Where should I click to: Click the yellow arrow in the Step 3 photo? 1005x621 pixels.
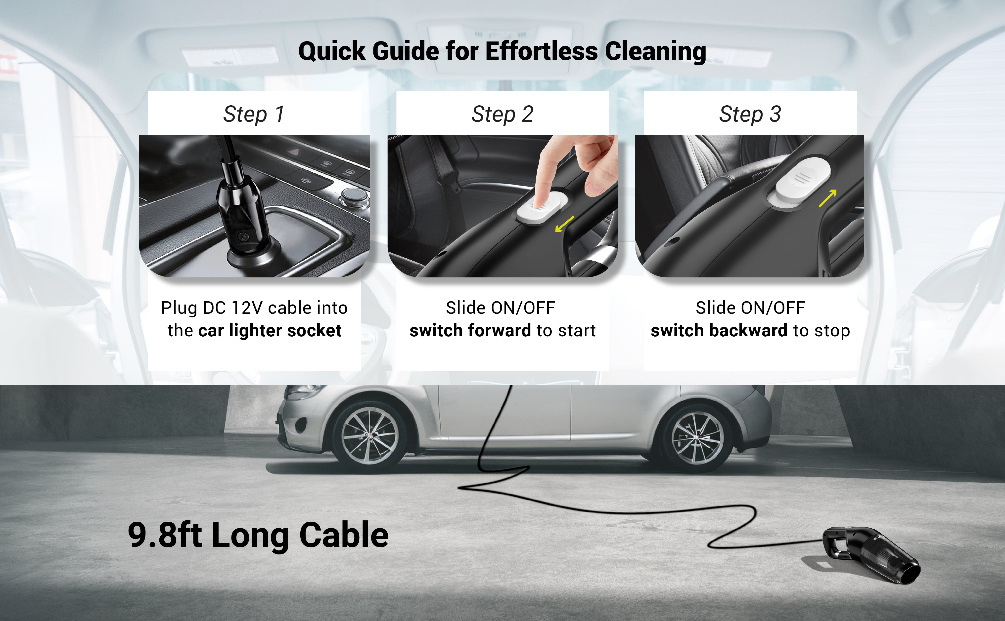tap(828, 198)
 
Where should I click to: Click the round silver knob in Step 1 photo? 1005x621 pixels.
tap(353, 195)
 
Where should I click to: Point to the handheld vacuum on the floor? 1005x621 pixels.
tap(871, 554)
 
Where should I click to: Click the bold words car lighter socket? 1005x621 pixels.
tap(270, 331)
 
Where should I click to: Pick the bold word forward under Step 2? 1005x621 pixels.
tap(500, 331)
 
